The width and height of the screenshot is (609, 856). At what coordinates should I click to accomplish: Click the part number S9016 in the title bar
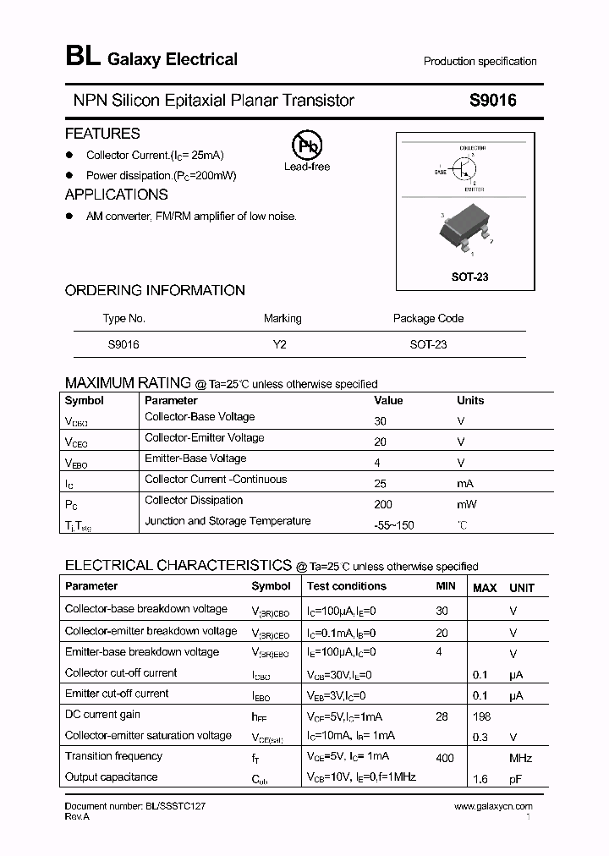[x=492, y=100]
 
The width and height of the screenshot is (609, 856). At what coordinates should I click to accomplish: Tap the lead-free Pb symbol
[x=306, y=145]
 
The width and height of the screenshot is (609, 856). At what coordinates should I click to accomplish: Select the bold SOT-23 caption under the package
[x=470, y=277]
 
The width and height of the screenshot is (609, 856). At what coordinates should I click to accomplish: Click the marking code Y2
[x=281, y=344]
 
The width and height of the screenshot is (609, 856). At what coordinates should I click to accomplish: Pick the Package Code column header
[x=428, y=318]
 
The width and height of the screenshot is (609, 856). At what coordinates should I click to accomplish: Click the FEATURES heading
[x=102, y=133]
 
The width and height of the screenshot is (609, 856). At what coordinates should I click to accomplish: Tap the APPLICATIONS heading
[x=116, y=195]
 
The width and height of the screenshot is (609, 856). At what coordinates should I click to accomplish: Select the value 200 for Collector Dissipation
[x=383, y=504]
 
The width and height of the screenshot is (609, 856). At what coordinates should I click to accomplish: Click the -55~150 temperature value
[x=394, y=525]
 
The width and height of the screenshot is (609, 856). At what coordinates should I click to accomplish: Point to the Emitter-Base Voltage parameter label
[x=195, y=458]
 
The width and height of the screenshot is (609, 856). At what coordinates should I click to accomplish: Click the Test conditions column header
[x=347, y=585]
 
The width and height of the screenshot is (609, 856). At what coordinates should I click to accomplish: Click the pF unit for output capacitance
[x=515, y=778]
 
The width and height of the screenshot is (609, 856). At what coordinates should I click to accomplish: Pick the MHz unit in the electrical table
[x=519, y=758]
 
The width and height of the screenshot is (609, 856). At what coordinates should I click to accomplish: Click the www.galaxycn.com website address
[x=493, y=807]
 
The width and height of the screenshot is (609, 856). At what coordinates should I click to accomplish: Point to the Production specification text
[x=480, y=61]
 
